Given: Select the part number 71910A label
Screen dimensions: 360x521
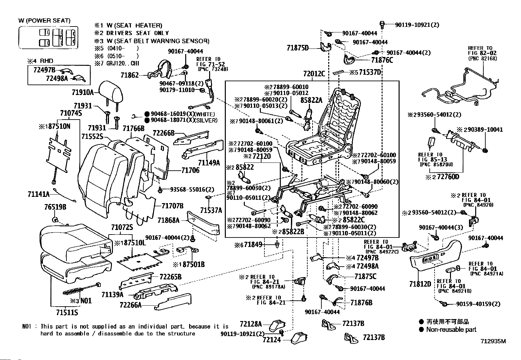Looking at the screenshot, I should point(82,92).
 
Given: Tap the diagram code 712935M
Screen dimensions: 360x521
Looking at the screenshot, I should point(493,341).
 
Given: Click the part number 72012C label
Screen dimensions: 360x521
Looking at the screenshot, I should point(314,74).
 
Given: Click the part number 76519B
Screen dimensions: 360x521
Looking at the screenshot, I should point(55,207).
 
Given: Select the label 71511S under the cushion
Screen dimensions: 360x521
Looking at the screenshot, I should point(64,313).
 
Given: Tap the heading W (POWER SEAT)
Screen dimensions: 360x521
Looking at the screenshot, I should point(44,21).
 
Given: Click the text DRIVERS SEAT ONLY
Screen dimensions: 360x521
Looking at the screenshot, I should point(137,33).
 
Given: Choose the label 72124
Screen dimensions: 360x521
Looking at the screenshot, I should point(272,340).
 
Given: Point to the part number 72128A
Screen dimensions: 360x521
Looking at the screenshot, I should point(251,324).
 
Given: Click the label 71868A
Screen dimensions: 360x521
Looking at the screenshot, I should point(168,220).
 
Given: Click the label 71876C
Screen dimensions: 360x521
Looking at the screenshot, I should point(382,60).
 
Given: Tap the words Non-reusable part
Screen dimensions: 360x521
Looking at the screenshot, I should point(451,330).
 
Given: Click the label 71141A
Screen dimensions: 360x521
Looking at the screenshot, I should point(39,194).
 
